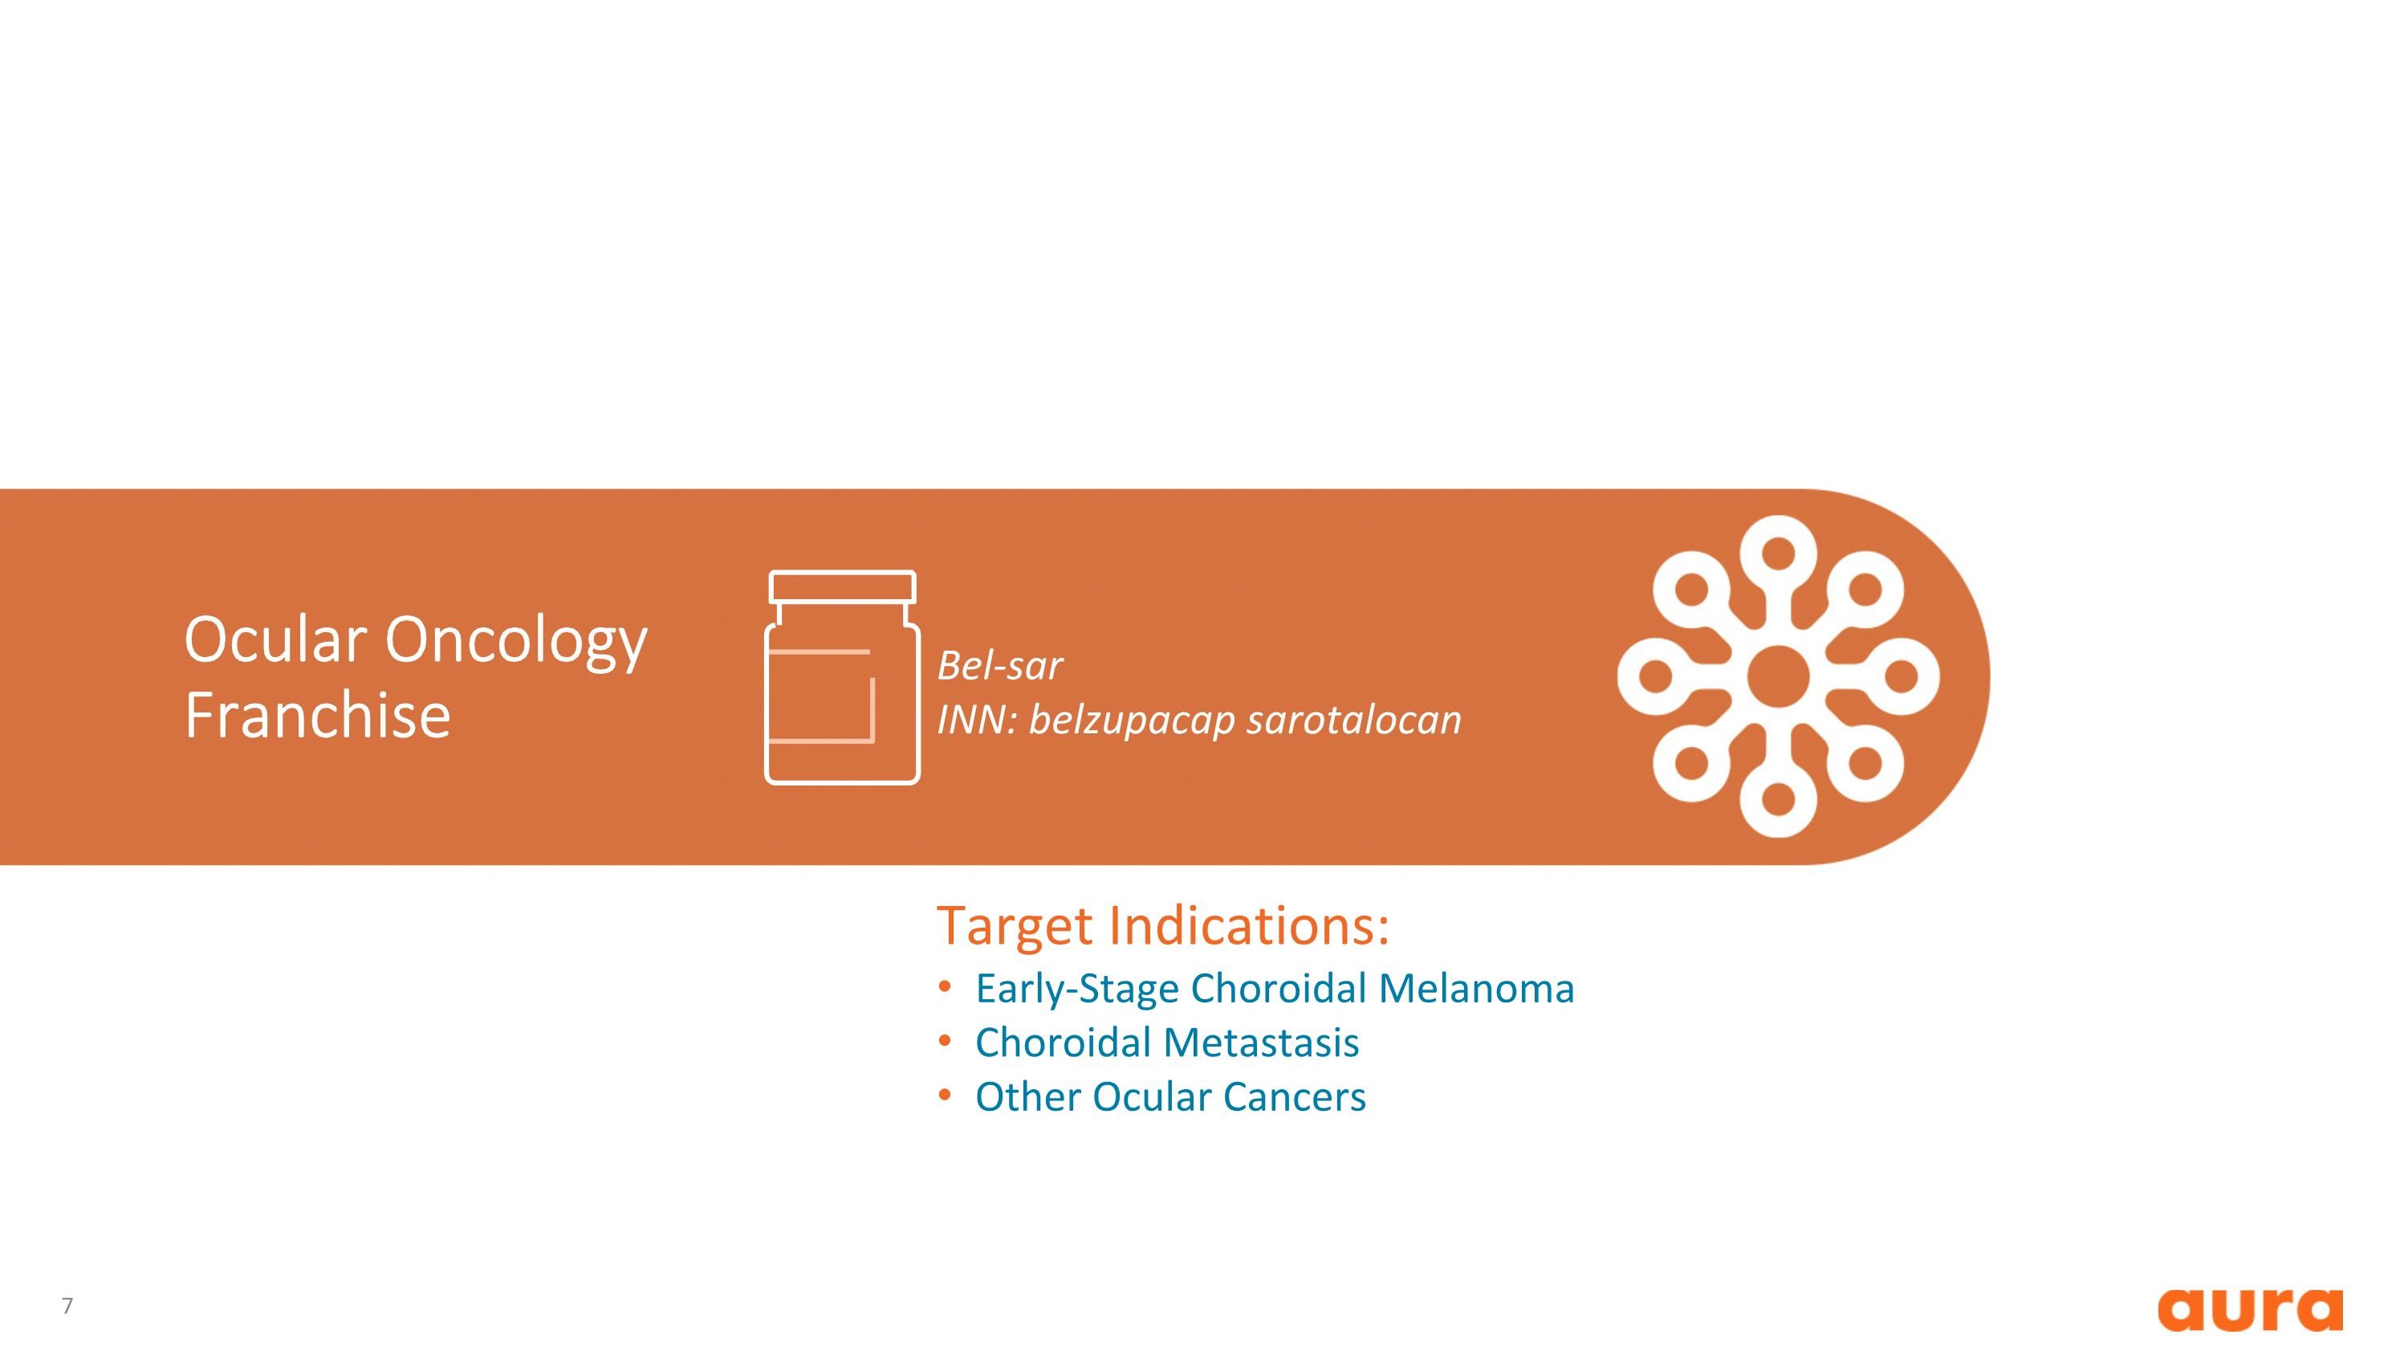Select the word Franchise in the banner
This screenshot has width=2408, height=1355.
(318, 716)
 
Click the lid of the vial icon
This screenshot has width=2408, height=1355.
(842, 587)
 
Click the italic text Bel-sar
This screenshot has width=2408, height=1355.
(999, 666)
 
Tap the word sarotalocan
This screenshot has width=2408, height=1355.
(1353, 720)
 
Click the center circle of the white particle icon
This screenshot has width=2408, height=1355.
(1778, 676)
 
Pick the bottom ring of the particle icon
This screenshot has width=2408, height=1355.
(1778, 799)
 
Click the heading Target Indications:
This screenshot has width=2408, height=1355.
(1163, 926)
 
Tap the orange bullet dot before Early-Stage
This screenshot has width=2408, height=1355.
(945, 986)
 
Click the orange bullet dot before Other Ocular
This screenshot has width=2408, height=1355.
(945, 1094)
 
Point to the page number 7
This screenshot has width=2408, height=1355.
(67, 1305)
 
